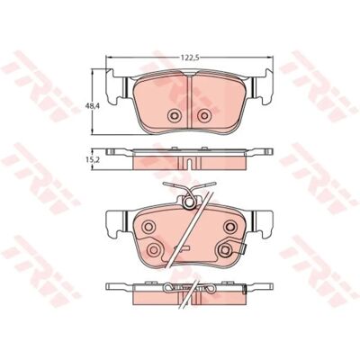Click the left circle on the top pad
coord(174,115)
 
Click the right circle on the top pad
coord(204,115)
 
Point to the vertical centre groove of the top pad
coord(189,102)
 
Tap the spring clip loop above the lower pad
coord(189,202)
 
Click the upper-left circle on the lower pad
coord(148,226)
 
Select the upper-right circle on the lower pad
coord(231,226)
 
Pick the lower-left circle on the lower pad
coord(154,248)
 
